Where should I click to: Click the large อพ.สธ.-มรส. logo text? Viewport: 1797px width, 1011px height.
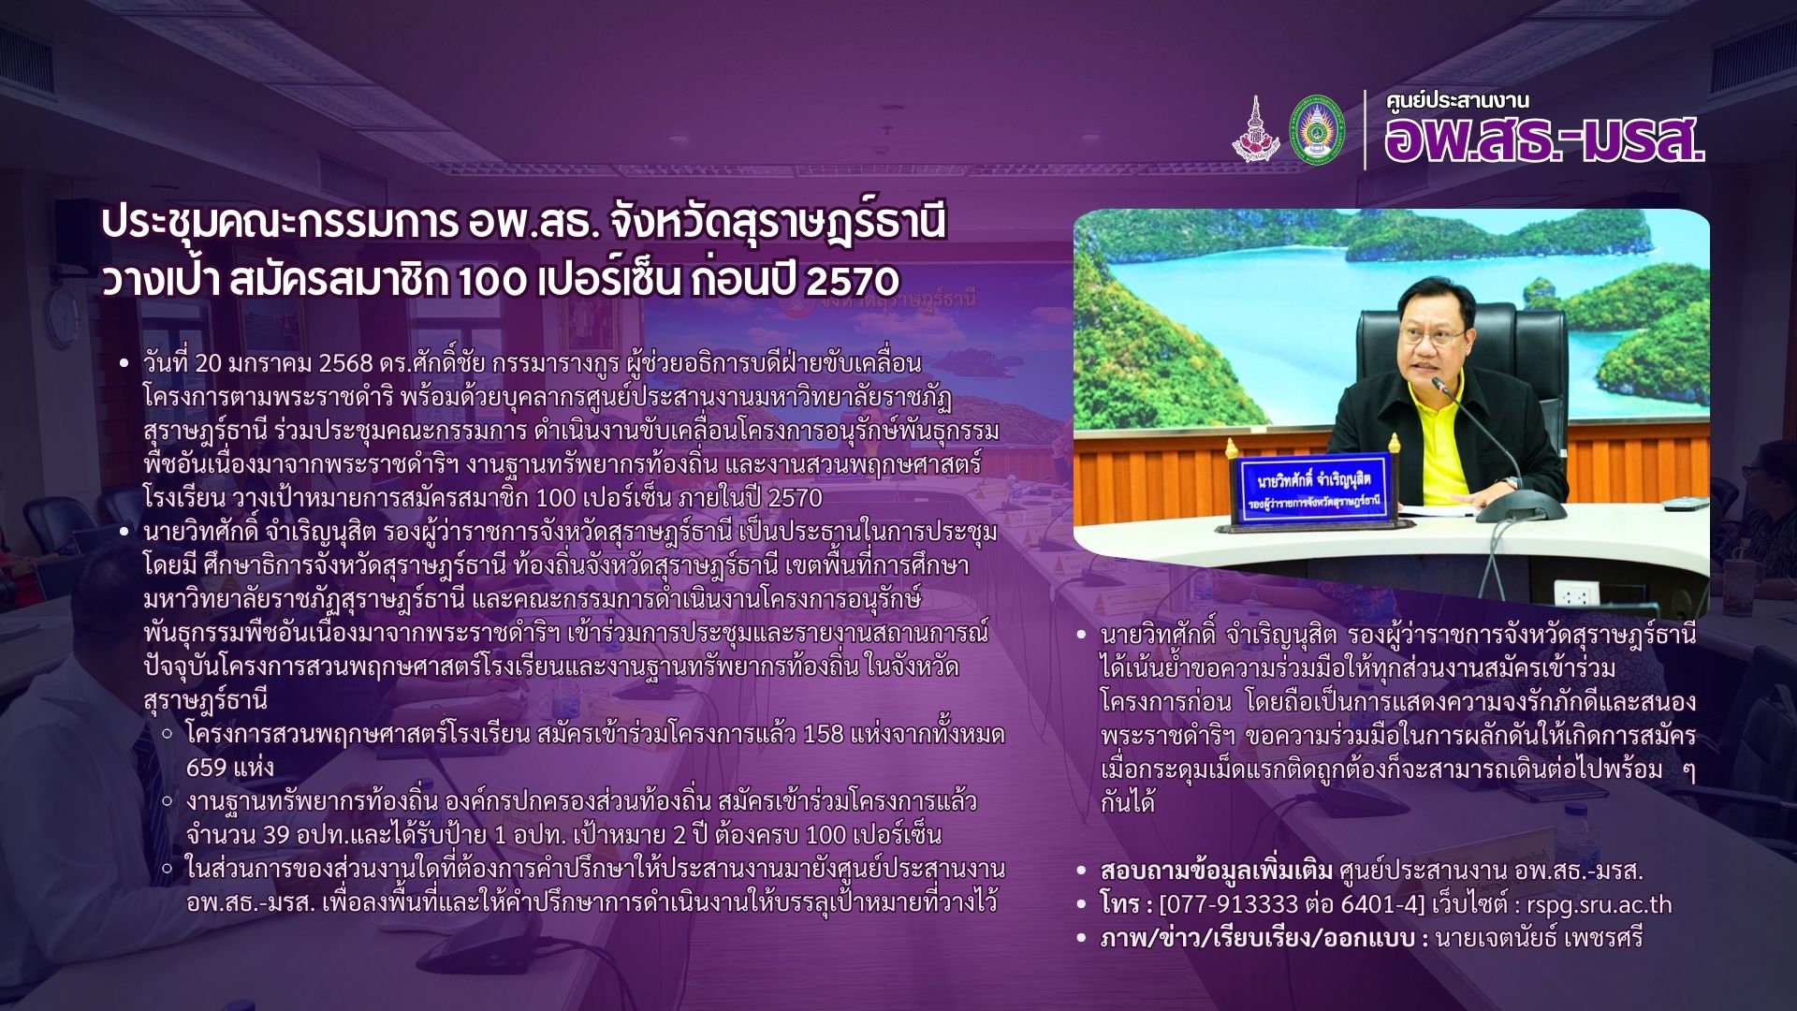[1545, 139]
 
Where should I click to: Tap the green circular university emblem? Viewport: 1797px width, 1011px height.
[1318, 128]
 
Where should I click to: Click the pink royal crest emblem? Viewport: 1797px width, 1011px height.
[1255, 127]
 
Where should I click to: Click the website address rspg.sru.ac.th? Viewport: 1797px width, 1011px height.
[1599, 904]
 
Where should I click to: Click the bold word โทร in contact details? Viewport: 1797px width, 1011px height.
[1120, 904]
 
